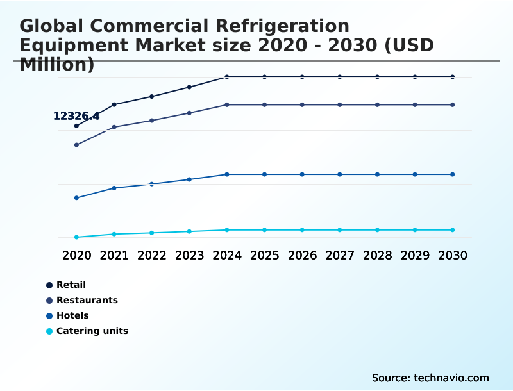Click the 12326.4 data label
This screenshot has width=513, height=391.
click(76, 116)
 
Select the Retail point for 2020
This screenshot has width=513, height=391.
click(76, 126)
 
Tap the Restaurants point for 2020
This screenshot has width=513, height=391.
click(76, 145)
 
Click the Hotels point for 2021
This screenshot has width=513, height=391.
click(114, 188)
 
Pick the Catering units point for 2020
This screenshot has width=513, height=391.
click(76, 237)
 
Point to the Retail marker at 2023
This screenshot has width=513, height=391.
click(189, 87)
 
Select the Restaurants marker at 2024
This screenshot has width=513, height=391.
click(227, 104)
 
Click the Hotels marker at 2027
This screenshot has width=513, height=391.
click(340, 174)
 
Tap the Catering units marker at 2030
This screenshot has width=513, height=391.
click(453, 230)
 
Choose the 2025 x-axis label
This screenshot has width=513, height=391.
click(264, 255)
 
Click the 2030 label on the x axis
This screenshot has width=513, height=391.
click(453, 255)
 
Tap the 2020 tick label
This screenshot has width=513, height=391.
click(76, 255)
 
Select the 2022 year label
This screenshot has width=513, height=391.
click(151, 255)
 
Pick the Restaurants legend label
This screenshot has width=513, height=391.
click(87, 300)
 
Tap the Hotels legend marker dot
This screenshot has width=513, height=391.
click(49, 316)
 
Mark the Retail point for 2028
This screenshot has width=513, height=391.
click(377, 77)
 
